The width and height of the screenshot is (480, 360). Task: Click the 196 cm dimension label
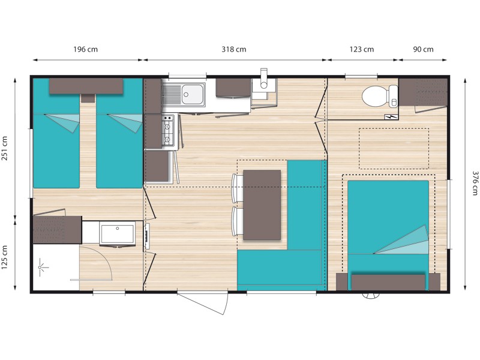coord(85,49)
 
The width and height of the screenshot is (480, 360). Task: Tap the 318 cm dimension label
coord(234,49)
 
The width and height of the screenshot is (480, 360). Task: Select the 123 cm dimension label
coord(362,49)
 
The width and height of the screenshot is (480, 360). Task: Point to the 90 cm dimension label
coord(423,49)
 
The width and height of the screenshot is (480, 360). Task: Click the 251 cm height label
coord(5,148)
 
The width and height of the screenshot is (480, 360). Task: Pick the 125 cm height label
coord(5,257)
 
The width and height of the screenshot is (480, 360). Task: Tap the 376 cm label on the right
coord(475,183)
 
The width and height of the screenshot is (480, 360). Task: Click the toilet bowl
coord(380,96)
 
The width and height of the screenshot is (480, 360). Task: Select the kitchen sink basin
coord(193,95)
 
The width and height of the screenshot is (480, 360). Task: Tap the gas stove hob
coord(168,130)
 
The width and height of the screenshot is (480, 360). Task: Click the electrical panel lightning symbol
coord(391,117)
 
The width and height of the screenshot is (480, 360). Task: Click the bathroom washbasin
coord(117,233)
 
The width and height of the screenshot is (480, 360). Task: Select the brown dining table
coord(262,205)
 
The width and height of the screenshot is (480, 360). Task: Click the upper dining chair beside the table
coord(238,188)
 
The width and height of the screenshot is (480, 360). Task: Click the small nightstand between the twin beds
coord(88,98)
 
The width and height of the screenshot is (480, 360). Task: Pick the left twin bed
coord(56,133)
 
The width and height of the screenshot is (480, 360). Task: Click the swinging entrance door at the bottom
coord(203,303)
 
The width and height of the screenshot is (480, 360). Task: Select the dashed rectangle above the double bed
coord(394,149)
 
